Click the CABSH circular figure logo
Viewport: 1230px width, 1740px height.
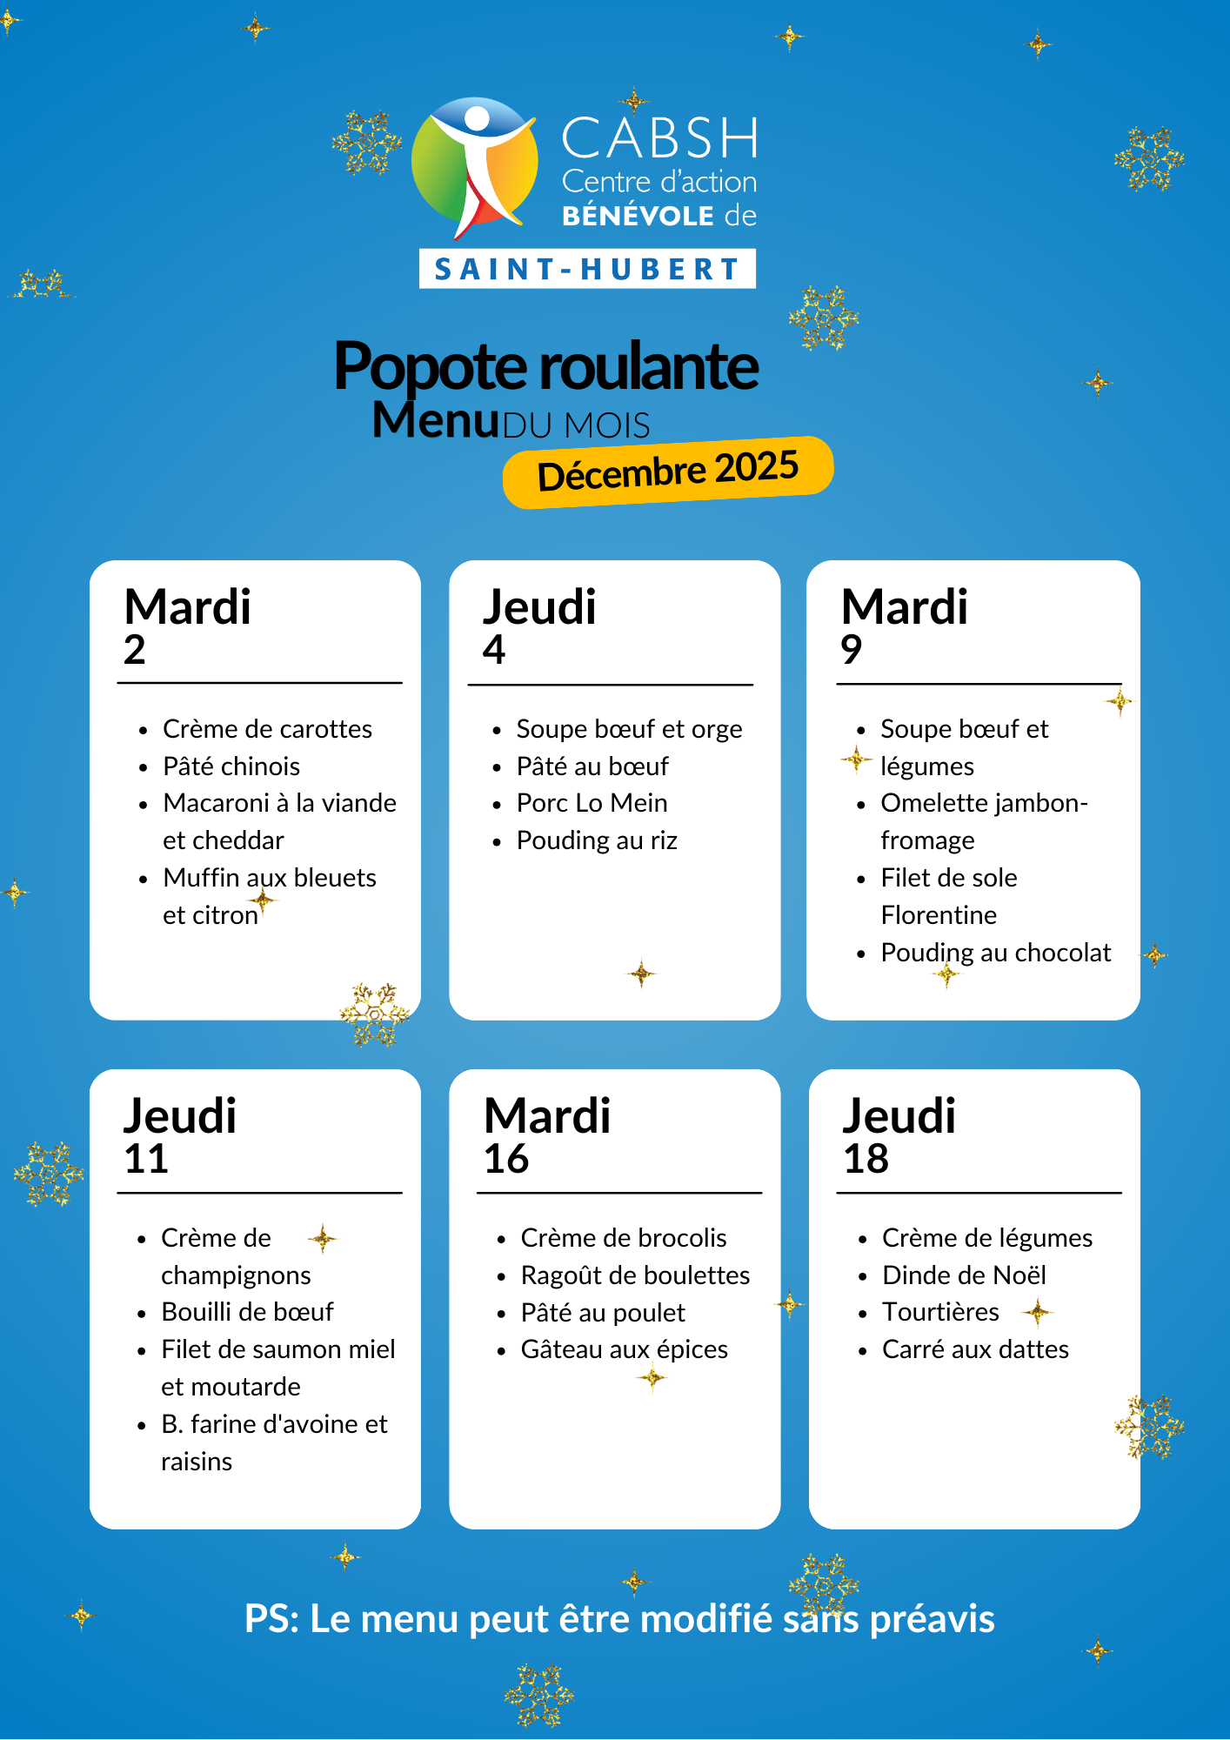(475, 165)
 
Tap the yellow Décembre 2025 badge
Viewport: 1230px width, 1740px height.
(668, 472)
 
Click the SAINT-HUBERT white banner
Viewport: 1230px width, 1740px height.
(587, 269)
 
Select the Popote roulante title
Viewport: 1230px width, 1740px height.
(546, 366)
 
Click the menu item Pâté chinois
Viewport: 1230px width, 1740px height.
(231, 766)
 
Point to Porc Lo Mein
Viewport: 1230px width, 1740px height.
(592, 803)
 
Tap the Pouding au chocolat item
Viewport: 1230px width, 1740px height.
(995, 953)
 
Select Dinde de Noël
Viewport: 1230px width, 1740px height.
(964, 1275)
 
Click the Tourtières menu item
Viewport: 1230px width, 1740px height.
(940, 1312)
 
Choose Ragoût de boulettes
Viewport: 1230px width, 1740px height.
(635, 1275)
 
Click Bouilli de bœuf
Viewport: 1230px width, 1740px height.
(247, 1312)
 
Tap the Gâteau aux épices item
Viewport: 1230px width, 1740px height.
(624, 1349)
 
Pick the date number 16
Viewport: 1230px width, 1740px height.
(506, 1160)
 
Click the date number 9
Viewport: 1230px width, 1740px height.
(852, 650)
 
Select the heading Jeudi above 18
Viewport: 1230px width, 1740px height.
(899, 1116)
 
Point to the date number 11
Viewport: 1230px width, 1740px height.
(146, 1160)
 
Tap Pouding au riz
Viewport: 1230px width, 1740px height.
(597, 840)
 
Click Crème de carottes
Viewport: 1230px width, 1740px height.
(267, 729)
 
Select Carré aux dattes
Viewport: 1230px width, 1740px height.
(975, 1349)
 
